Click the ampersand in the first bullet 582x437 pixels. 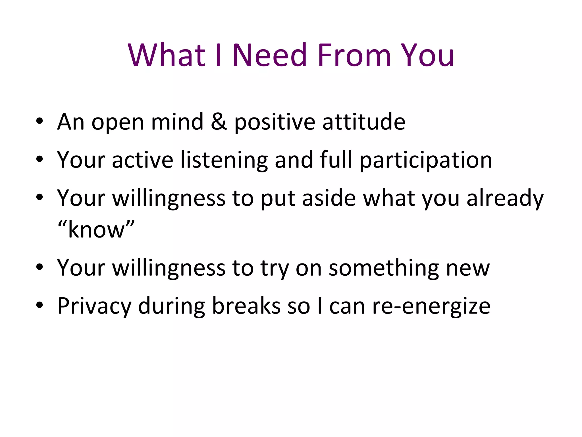tap(219, 122)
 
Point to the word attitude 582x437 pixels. tap(364, 122)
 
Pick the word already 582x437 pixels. tap(505, 199)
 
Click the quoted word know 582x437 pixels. tap(96, 230)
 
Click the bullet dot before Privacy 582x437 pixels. tap(40, 305)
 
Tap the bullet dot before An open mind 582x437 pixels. tap(40, 121)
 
